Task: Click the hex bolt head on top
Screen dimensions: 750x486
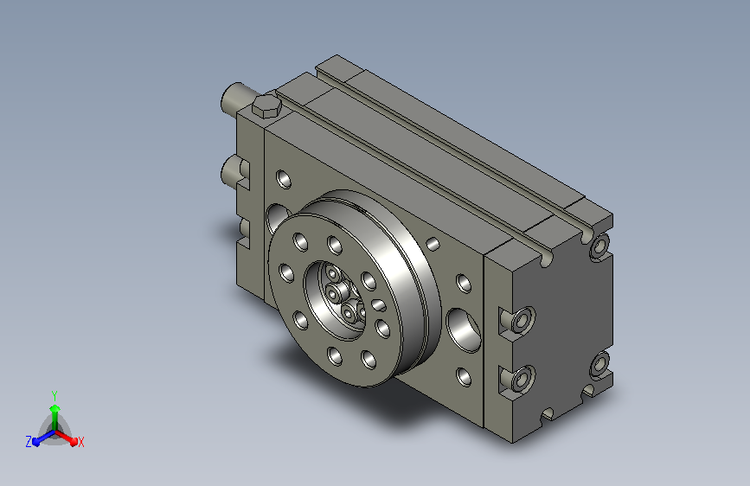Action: (266, 106)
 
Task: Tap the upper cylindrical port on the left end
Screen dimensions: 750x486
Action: (238, 98)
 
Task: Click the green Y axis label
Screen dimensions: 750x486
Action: (54, 395)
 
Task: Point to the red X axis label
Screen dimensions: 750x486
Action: (80, 442)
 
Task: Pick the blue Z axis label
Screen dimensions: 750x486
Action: (29, 442)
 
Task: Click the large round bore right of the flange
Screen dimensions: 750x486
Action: (464, 330)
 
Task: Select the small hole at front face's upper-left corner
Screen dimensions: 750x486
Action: (284, 178)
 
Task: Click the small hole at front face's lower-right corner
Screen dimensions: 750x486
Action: (464, 377)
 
